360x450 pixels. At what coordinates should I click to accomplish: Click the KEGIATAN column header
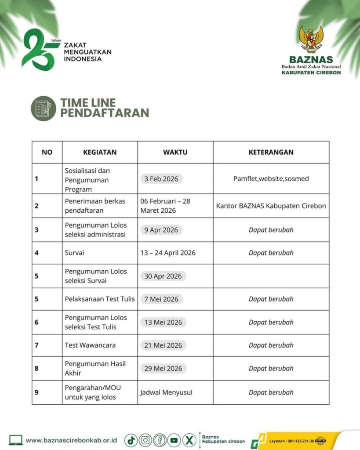pos(100,152)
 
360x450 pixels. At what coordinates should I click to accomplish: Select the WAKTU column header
pos(175,152)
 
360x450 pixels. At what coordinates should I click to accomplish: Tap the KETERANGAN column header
pos(271,152)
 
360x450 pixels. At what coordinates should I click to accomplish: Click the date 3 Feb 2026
pos(161,179)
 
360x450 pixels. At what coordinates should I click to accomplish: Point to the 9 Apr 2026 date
pos(161,230)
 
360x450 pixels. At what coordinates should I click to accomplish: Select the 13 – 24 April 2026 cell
pos(168,253)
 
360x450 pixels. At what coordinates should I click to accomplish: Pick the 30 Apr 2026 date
pos(163,276)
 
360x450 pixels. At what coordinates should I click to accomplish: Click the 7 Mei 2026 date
pos(161,299)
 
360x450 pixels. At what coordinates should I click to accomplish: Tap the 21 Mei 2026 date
pos(163,345)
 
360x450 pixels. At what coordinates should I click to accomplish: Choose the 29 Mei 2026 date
pos(163,368)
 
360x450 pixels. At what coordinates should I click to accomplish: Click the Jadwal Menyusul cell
pos(166,392)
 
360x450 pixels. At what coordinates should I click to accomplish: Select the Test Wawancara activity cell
pos(90,345)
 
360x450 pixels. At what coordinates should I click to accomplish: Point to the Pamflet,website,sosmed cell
pos(271,179)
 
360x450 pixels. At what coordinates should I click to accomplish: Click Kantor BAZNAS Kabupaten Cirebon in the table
pos(271,206)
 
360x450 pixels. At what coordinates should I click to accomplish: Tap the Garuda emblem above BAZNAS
pos(311,40)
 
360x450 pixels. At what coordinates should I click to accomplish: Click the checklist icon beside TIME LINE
pos(44,108)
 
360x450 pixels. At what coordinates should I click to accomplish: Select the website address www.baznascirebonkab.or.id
pos(71,440)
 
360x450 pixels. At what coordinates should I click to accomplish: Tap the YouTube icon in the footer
pos(174,440)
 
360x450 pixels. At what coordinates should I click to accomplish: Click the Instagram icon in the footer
pos(145,440)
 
